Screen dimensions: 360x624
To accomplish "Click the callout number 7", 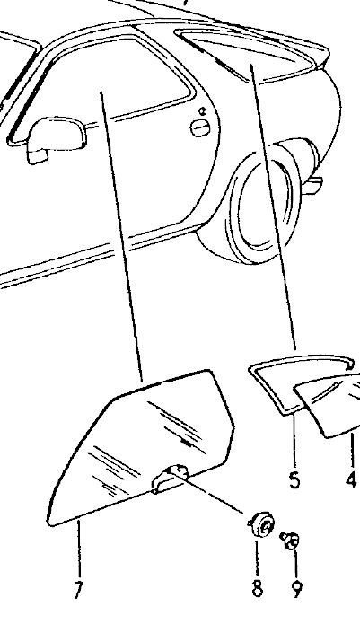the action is click(78, 589).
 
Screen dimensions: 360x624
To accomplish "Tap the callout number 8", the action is click(258, 587).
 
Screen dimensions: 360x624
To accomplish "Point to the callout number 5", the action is click(294, 479).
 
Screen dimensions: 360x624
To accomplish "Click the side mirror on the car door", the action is click(56, 137).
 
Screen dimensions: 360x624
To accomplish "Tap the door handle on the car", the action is click(201, 127).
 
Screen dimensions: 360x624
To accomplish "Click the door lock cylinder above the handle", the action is click(202, 111).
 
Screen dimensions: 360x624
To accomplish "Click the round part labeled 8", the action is click(262, 525).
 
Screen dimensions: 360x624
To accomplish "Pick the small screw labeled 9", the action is click(291, 541).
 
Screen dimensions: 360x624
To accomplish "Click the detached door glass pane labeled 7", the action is click(139, 445).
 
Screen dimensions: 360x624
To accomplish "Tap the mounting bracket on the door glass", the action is click(169, 479).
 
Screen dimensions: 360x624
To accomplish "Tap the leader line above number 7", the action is click(79, 549).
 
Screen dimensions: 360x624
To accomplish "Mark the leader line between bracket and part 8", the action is click(211, 491).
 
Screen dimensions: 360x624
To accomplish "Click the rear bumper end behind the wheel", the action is click(312, 185).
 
